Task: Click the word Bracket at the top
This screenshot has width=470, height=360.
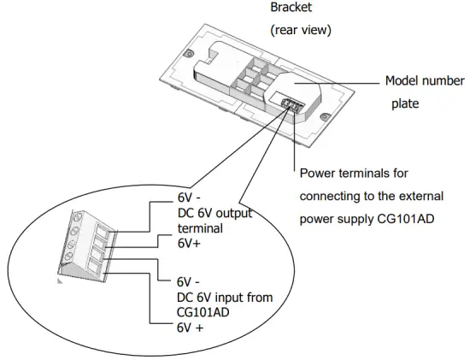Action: click(x=291, y=9)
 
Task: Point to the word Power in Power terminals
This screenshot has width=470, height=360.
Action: click(x=318, y=174)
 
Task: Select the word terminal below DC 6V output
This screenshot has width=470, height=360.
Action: click(x=199, y=228)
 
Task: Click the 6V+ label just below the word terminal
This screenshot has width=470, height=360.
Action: click(x=190, y=243)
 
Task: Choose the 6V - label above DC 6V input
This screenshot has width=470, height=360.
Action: click(x=190, y=281)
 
